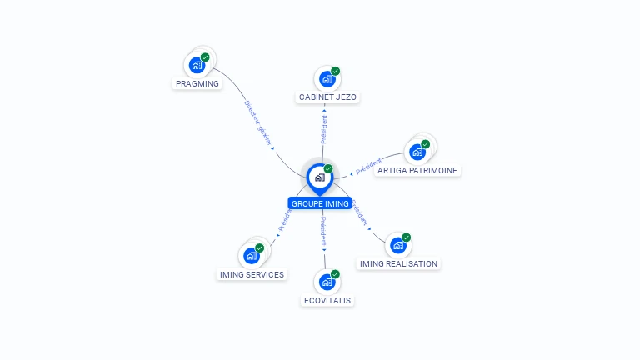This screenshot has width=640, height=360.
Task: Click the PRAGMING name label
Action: (197, 83)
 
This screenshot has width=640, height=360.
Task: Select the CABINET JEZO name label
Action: (327, 97)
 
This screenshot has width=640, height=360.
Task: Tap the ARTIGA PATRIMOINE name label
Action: (417, 170)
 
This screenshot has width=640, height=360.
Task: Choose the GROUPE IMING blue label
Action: (320, 203)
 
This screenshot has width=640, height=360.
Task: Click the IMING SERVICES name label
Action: (252, 274)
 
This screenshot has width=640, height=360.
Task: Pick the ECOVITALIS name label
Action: (327, 300)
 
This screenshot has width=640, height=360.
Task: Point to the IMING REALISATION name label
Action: (398, 263)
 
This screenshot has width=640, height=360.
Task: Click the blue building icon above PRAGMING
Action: (197, 64)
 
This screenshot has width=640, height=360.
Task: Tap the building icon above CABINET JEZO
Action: (327, 79)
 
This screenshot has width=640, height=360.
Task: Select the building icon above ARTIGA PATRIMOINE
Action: (417, 152)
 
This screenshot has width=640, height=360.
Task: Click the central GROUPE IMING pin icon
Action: (319, 177)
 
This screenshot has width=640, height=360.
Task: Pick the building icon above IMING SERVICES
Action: (251, 255)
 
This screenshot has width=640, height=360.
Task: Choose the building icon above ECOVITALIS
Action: (327, 282)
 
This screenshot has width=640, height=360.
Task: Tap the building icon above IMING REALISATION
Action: (398, 245)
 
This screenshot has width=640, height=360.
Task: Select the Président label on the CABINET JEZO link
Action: (324, 129)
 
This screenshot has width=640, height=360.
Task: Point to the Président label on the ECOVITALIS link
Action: (324, 232)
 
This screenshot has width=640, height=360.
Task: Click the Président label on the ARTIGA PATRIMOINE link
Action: (368, 166)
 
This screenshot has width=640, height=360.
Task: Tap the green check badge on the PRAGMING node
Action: (205, 57)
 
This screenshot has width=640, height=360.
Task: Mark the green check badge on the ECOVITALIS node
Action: (335, 274)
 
